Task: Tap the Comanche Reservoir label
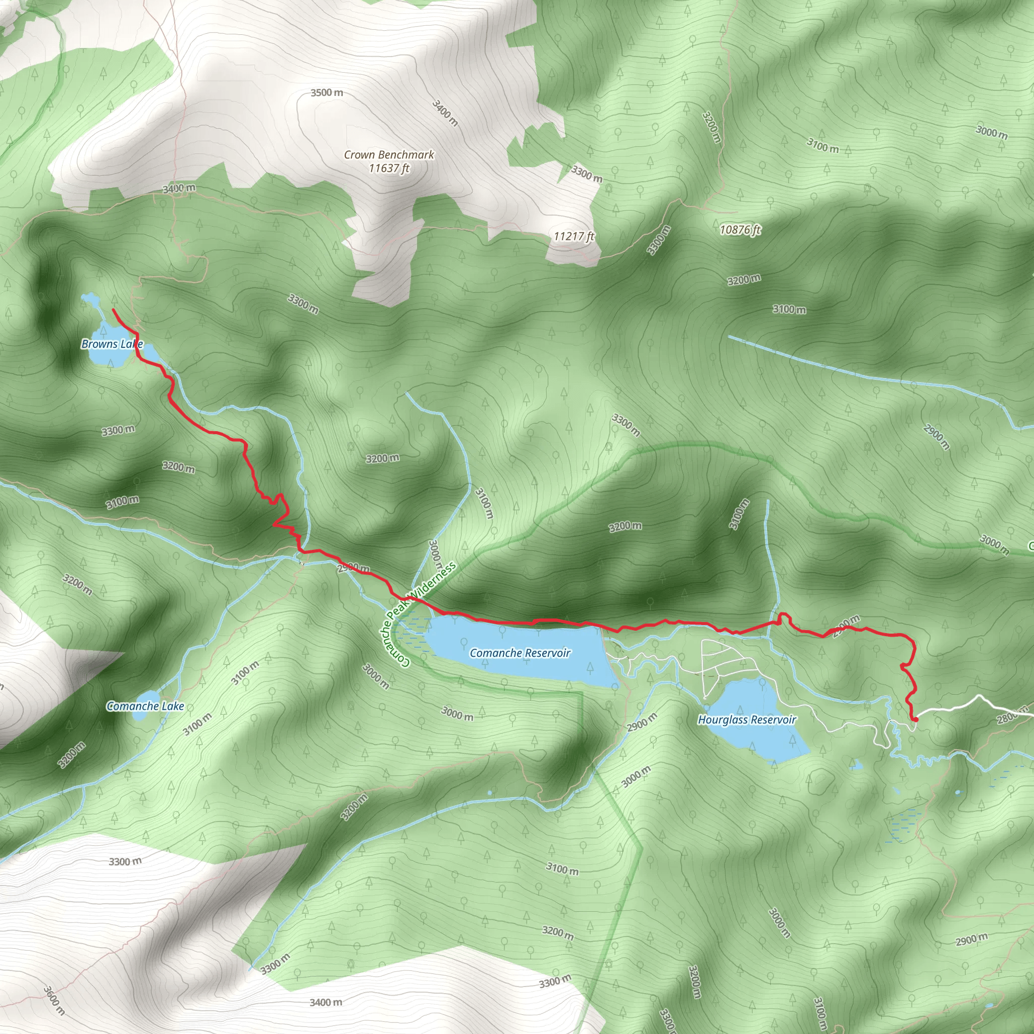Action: (x=520, y=653)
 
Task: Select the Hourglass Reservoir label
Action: (x=747, y=720)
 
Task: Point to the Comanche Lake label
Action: (x=145, y=706)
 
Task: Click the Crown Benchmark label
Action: (x=389, y=154)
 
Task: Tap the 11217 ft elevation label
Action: (x=574, y=236)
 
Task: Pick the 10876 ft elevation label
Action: (x=740, y=230)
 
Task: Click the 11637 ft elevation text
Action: (x=389, y=168)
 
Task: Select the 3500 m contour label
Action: (x=327, y=92)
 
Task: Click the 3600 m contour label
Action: (x=54, y=1001)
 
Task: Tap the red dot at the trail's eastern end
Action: (x=915, y=720)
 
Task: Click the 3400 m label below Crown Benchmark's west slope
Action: (x=179, y=188)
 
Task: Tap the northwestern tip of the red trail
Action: (x=113, y=309)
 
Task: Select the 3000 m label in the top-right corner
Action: (x=991, y=131)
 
